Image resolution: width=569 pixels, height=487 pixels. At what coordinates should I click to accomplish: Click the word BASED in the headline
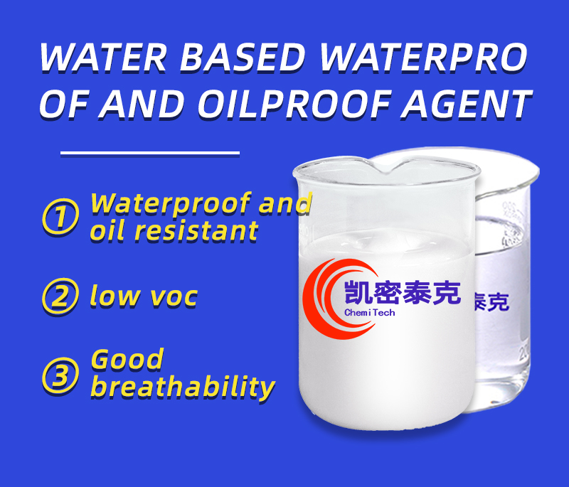(x=242, y=58)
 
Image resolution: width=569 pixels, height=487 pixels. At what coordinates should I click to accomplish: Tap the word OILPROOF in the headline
(x=294, y=105)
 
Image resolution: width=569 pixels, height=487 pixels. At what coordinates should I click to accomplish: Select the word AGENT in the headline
(x=467, y=105)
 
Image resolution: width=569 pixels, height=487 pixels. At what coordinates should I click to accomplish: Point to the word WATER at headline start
(x=103, y=58)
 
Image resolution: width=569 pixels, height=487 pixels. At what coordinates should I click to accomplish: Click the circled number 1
(x=60, y=216)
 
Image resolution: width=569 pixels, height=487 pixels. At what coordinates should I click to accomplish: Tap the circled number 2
(x=60, y=296)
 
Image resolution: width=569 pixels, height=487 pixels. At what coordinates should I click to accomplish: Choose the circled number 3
(x=60, y=375)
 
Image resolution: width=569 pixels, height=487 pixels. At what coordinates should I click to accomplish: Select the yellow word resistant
(x=196, y=230)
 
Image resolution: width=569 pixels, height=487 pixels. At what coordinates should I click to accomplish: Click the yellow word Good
(x=127, y=360)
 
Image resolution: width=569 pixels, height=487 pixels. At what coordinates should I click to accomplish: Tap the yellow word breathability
(x=183, y=387)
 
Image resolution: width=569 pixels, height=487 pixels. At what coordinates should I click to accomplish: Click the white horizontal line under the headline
(x=150, y=153)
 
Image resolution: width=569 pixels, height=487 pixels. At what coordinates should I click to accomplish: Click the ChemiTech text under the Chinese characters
(x=369, y=313)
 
